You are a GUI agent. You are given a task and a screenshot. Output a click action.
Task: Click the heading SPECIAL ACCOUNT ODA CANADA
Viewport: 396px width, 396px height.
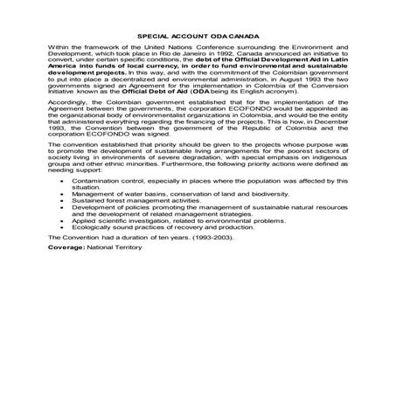[198, 36]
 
